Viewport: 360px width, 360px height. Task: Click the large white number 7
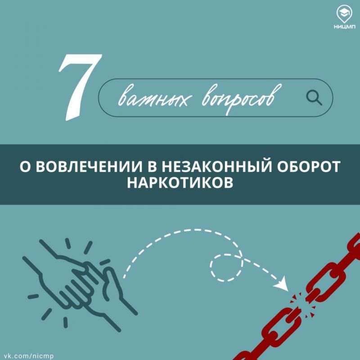[x=79, y=87]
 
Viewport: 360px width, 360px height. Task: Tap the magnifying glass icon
[x=314, y=98]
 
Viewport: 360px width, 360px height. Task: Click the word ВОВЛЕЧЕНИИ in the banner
[x=90, y=166]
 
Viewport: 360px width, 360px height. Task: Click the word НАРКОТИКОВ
[x=180, y=183]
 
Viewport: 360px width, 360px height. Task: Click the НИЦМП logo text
[x=345, y=27]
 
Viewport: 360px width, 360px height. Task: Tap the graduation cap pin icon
[x=345, y=14]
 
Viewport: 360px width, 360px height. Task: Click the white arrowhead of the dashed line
[x=281, y=284]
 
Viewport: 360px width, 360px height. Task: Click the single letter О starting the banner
[x=25, y=166]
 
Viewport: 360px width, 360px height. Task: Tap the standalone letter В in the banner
[x=152, y=166]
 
